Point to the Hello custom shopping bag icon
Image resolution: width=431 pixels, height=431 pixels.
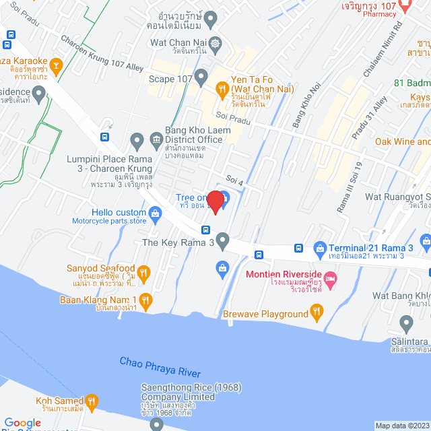[x=156, y=214]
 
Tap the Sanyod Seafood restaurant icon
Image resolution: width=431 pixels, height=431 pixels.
[x=144, y=272]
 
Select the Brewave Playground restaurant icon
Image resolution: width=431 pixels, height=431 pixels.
[x=317, y=312]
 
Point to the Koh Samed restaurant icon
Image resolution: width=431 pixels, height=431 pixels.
[x=92, y=402]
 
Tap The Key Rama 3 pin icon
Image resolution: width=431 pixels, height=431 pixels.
[x=223, y=240]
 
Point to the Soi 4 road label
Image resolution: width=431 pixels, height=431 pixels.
[x=234, y=180]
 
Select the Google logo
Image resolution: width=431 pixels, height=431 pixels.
[x=22, y=422]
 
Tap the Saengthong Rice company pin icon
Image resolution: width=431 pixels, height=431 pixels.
[x=157, y=424]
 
